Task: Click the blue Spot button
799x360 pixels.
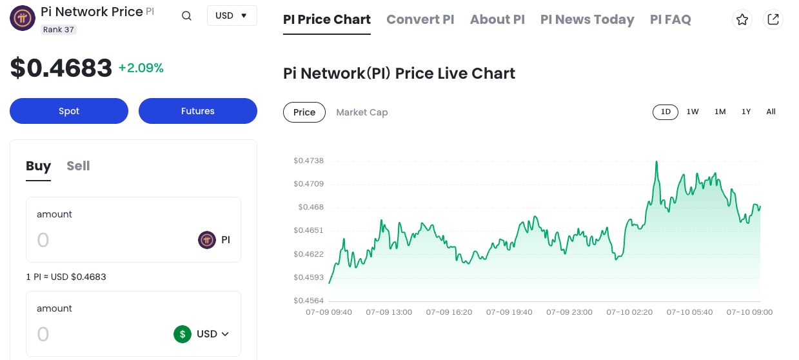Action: pyautogui.click(x=69, y=111)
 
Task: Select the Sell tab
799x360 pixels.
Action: pyautogui.click(x=78, y=166)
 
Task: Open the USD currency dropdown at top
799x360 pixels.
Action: pyautogui.click(x=232, y=15)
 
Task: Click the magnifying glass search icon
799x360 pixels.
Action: pyautogui.click(x=186, y=16)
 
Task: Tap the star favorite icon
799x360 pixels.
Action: pyautogui.click(x=742, y=19)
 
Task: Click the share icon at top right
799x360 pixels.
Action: pyautogui.click(x=773, y=19)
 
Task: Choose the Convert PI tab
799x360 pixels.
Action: pyautogui.click(x=420, y=19)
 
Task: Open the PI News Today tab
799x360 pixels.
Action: pyautogui.click(x=587, y=19)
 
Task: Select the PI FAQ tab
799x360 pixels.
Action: pyautogui.click(x=670, y=19)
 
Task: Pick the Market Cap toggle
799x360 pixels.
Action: pyautogui.click(x=362, y=112)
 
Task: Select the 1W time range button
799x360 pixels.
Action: pyautogui.click(x=693, y=112)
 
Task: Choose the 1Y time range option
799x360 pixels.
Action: pyautogui.click(x=746, y=112)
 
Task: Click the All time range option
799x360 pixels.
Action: pyautogui.click(x=771, y=112)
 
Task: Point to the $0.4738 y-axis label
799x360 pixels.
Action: pyautogui.click(x=308, y=161)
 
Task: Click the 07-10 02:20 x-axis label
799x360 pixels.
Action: pyautogui.click(x=629, y=312)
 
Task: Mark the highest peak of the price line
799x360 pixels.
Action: pyautogui.click(x=656, y=161)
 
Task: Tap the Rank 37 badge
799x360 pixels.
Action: pyautogui.click(x=59, y=30)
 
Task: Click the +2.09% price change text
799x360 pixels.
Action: pyautogui.click(x=141, y=68)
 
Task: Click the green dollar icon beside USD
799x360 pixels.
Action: pyautogui.click(x=182, y=334)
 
